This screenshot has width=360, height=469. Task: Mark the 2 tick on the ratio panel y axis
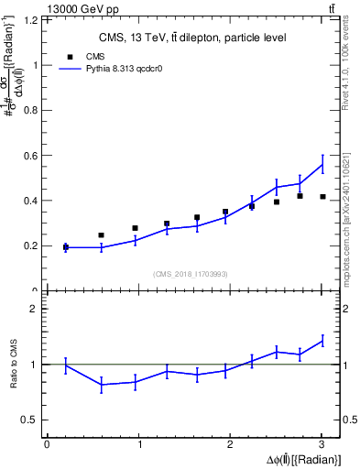point(33,309)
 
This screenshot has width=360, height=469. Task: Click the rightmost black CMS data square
point(322,196)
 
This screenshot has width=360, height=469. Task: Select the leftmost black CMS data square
point(66,246)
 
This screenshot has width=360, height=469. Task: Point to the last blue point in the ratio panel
point(322,341)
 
